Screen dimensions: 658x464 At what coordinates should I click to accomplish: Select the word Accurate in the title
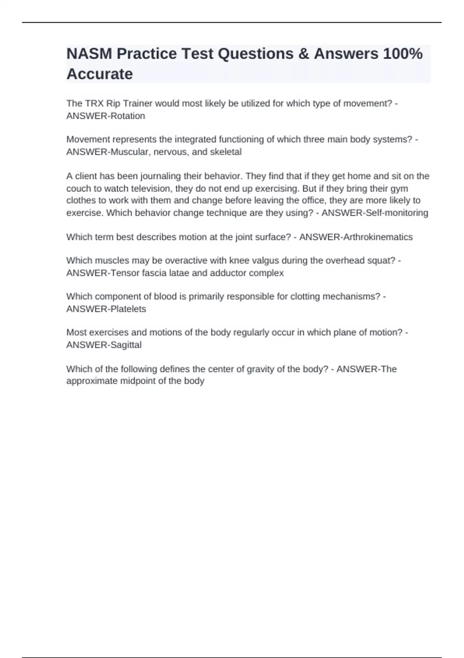[100, 74]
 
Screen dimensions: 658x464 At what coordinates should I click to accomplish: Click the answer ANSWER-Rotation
[106, 116]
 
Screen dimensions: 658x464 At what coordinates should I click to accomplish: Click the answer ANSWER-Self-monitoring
[375, 213]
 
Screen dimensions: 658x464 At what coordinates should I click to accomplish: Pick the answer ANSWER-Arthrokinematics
[356, 237]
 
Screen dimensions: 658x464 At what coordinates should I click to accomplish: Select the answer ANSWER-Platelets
[106, 309]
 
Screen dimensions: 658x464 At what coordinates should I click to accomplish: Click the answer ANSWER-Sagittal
[104, 345]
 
